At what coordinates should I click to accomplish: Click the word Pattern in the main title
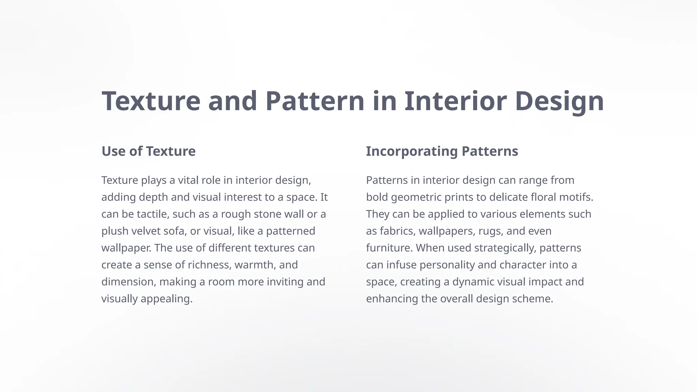(x=315, y=101)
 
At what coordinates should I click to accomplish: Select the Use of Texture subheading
(x=148, y=151)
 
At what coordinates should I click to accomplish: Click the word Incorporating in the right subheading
(x=411, y=151)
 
